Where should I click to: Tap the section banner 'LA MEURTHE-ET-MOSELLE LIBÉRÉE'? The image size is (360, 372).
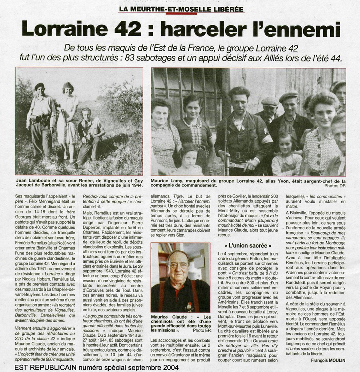pos(181,9)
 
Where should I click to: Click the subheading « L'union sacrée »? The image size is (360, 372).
pos(246,245)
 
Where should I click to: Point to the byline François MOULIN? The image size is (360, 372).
pos(328,360)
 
